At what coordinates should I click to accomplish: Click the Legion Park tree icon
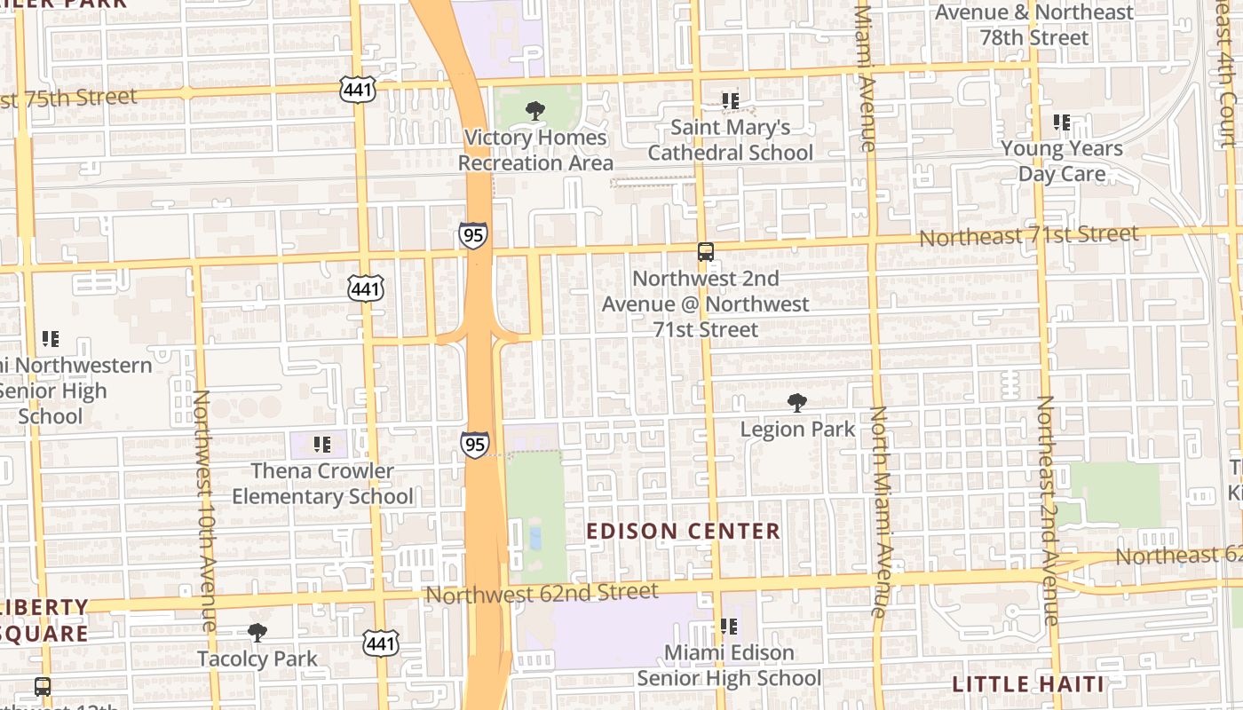[797, 403]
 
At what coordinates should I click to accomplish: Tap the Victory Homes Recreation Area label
[535, 150]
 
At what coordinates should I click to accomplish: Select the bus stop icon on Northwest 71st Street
[705, 252]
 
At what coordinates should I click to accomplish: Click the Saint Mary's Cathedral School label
[730, 140]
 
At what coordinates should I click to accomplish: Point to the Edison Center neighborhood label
[684, 532]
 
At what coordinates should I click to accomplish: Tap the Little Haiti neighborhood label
[1028, 684]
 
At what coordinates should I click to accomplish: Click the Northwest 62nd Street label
[542, 592]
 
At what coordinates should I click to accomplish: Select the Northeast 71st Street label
[1028, 236]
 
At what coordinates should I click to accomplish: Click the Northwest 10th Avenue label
[204, 510]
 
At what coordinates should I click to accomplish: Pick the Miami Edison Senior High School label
[729, 666]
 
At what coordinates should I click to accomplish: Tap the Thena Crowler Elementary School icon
[322, 444]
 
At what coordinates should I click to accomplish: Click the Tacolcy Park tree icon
[257, 633]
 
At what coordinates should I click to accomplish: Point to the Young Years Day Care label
[1062, 161]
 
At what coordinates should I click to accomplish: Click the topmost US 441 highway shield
[357, 89]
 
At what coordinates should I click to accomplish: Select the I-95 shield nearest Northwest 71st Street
[473, 235]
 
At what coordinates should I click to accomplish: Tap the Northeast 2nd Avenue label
[1048, 510]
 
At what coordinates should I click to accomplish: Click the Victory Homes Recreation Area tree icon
[534, 111]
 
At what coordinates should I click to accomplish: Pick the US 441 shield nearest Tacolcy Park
[380, 643]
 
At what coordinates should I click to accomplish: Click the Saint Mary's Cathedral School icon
[730, 101]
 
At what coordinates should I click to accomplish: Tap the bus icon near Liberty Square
[43, 686]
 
